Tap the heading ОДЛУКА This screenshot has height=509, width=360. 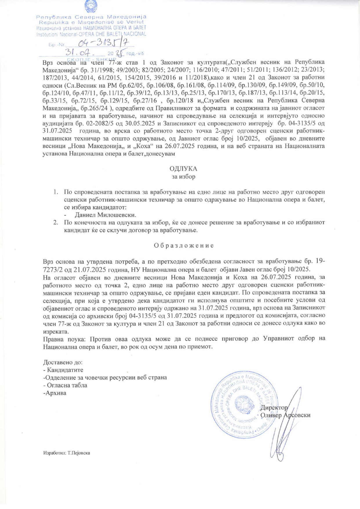click(183, 169)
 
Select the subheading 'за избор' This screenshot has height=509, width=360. click(183, 176)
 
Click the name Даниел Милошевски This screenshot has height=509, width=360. click(105, 215)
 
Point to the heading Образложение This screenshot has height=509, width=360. click(183, 245)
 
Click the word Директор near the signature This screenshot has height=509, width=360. click(274, 407)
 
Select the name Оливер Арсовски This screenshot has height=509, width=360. click(286, 415)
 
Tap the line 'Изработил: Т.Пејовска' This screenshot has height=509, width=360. click(66, 452)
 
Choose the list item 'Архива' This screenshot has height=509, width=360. click(54, 393)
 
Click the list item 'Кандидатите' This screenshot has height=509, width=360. click(65, 370)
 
